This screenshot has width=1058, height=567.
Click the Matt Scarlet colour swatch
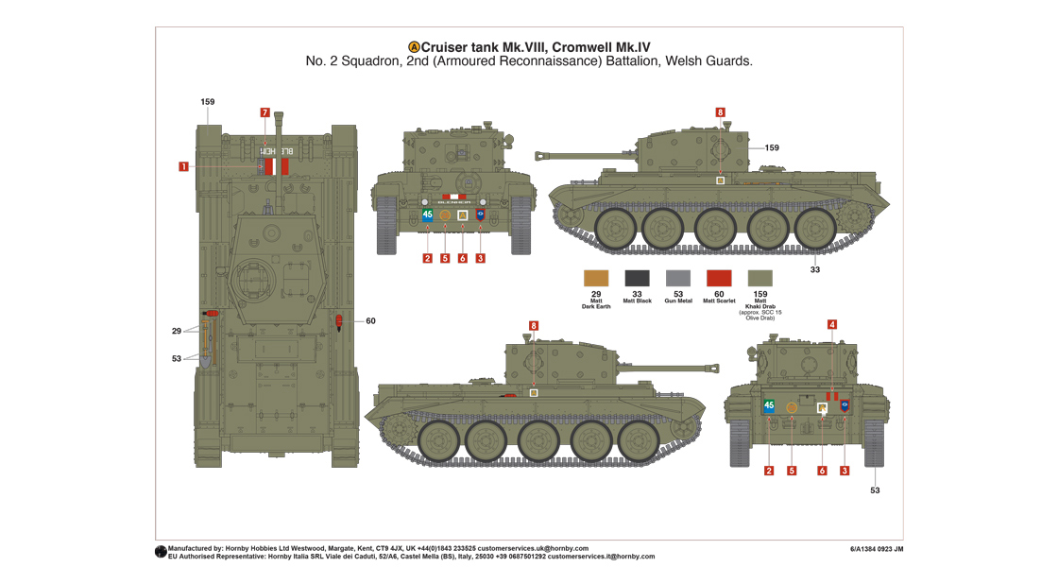pyautogui.click(x=720, y=278)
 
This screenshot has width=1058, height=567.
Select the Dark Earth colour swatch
pyautogui.click(x=596, y=278)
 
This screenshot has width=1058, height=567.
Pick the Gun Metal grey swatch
pyautogui.click(x=678, y=278)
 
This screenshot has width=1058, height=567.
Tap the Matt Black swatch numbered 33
pyautogui.click(x=637, y=278)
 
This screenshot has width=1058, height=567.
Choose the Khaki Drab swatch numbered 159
pyautogui.click(x=760, y=278)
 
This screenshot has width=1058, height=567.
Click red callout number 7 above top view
pyautogui.click(x=264, y=112)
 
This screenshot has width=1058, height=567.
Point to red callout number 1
pyautogui.click(x=183, y=167)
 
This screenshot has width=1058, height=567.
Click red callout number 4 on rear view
pyautogui.click(x=832, y=324)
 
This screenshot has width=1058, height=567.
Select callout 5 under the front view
pyautogui.click(x=445, y=258)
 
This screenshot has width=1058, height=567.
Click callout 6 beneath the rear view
pyautogui.click(x=822, y=471)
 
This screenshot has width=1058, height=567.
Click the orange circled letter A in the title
pyautogui.click(x=414, y=47)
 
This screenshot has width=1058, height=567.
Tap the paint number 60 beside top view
pyautogui.click(x=370, y=321)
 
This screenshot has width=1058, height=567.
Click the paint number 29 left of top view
pyautogui.click(x=177, y=331)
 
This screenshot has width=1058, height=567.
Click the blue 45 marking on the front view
pyautogui.click(x=427, y=215)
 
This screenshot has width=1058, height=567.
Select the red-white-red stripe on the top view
pyautogui.click(x=276, y=166)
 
